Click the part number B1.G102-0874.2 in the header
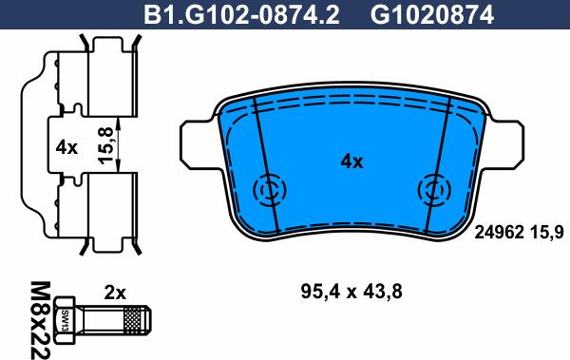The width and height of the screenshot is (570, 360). click(x=241, y=15)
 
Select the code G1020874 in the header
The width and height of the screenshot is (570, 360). click(x=432, y=15)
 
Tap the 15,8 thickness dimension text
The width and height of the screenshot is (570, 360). click(x=106, y=144)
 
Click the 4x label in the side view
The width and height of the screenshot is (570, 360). click(x=66, y=147)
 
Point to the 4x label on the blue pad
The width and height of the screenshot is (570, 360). click(x=351, y=161)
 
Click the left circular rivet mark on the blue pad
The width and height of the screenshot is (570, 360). click(x=270, y=190)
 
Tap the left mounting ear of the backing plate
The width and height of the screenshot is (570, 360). click(x=199, y=144)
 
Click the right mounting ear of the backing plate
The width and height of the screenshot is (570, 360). click(x=505, y=144)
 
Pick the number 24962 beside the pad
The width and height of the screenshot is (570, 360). click(x=499, y=232)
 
